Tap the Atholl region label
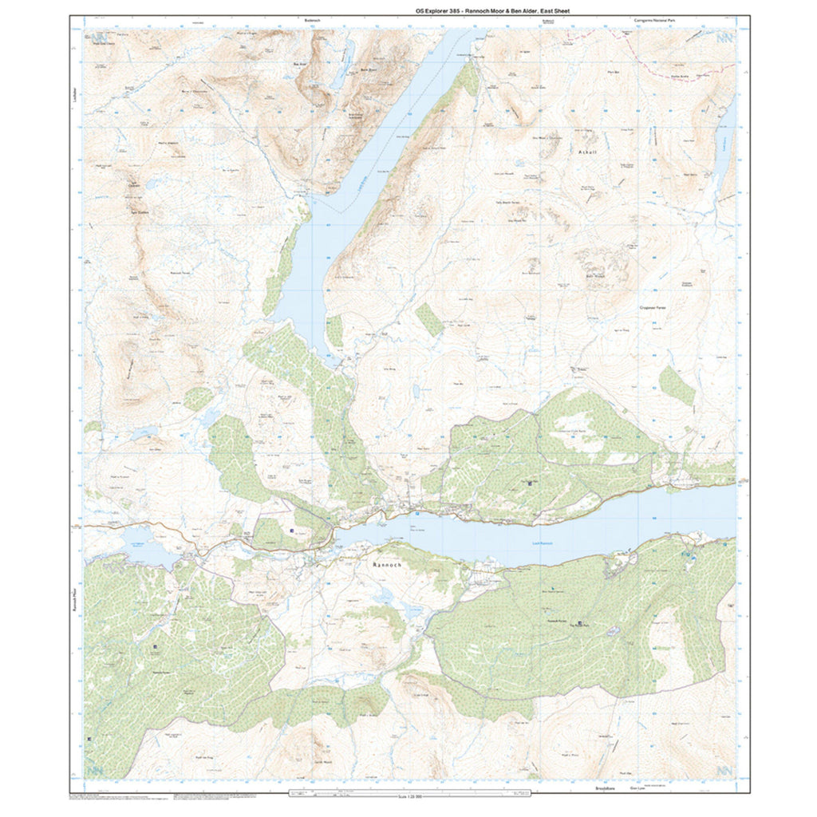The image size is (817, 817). tap(586, 150)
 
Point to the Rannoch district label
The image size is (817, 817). tap(389, 564)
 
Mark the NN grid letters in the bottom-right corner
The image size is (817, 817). tap(724, 771)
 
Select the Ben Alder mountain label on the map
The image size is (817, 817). tap(300, 64)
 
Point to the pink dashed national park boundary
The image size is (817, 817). tap(678, 70)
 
